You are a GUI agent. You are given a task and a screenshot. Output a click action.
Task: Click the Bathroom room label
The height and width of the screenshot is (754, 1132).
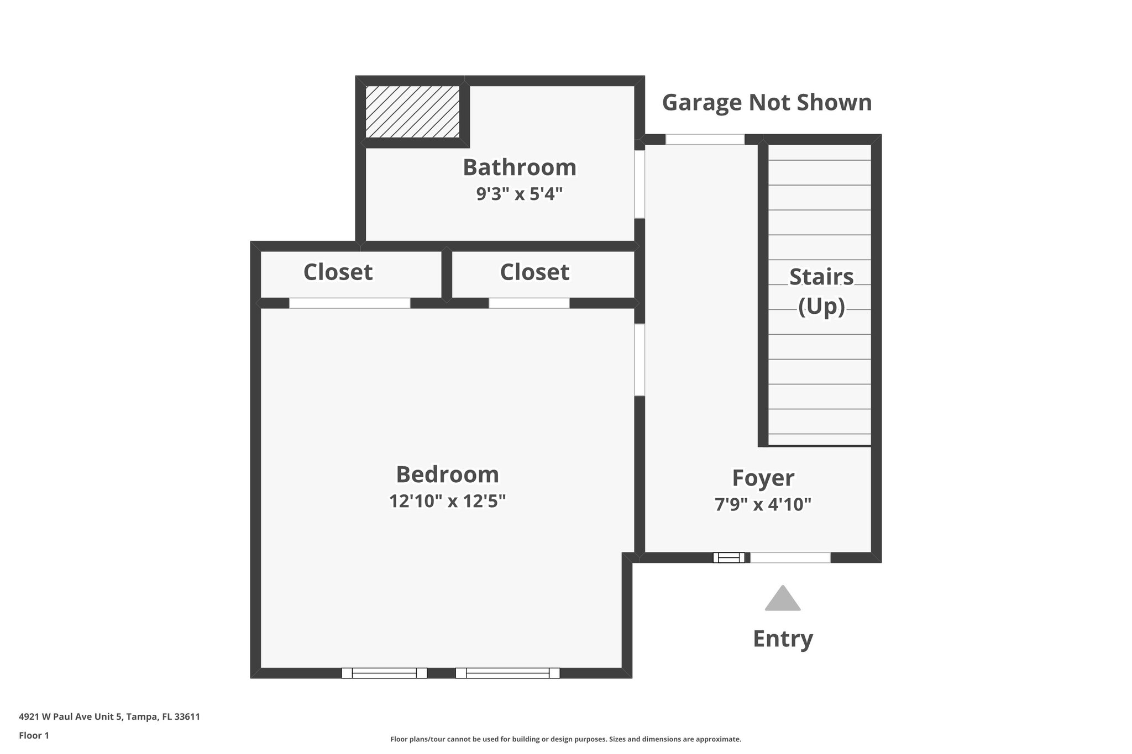pos(520,167)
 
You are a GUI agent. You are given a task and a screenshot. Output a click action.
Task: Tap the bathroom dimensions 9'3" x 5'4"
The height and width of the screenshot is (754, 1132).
pos(520,194)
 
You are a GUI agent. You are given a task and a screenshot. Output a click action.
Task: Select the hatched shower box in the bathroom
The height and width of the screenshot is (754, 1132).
pos(412,112)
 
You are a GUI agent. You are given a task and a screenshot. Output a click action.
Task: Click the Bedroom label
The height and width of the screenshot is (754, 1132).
pos(447,474)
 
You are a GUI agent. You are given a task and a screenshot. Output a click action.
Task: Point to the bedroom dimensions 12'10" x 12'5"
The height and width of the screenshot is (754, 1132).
pos(447,501)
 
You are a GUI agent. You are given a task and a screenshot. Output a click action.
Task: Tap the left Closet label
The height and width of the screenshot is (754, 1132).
pos(338,272)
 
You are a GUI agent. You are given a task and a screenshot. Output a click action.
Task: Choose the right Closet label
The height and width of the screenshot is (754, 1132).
pos(534,272)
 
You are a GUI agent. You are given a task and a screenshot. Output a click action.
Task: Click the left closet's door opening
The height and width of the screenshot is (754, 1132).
pos(349,303)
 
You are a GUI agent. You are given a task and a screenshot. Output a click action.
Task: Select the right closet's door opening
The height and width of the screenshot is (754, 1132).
pos(529,303)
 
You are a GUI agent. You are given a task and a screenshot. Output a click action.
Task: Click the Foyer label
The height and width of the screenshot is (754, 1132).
pos(763,478)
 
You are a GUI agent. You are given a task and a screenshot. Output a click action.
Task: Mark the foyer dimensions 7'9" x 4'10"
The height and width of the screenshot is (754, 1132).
pos(763,504)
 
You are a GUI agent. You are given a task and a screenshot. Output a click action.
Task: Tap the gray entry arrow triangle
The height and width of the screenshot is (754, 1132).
pos(783,599)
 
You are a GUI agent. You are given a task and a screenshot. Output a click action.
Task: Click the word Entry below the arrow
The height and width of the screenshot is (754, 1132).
pos(783,639)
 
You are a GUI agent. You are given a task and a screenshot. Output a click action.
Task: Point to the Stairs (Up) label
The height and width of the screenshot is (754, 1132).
pos(821,291)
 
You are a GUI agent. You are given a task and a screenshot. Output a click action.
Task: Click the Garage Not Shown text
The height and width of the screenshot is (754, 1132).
pos(767,103)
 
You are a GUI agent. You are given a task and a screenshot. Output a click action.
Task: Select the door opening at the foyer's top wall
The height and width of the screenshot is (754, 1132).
pos(705,139)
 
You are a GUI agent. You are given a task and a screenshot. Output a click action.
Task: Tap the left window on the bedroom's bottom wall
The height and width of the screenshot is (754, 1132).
pos(384,673)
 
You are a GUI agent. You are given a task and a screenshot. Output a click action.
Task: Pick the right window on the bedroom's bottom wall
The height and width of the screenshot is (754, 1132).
pos(507,673)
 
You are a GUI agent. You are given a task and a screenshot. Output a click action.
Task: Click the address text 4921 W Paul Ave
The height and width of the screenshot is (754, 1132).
pos(109,716)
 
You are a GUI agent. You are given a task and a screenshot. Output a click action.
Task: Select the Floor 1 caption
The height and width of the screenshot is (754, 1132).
pos(34,735)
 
